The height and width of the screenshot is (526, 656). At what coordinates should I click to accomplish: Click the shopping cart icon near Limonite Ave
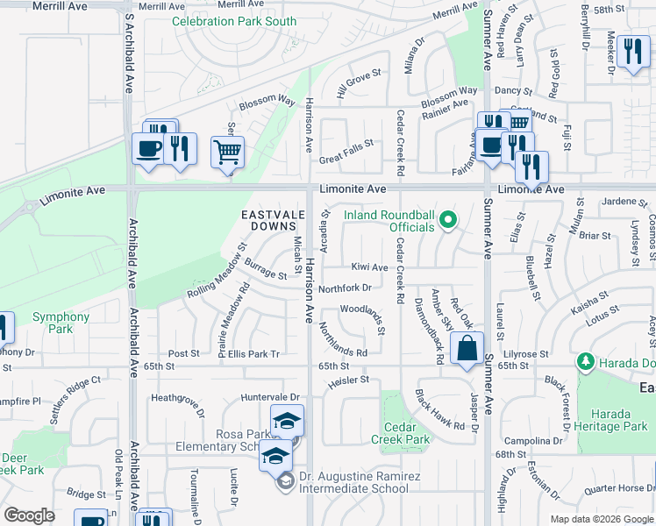[x=228, y=153]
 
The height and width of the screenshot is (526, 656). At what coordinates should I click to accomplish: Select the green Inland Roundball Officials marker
[x=449, y=218]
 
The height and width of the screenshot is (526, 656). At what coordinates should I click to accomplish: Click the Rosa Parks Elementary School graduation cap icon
[x=287, y=423]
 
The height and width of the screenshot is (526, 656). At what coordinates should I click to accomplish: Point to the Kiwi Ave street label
[x=369, y=267]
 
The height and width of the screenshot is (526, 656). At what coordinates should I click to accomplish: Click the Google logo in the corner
[x=29, y=515]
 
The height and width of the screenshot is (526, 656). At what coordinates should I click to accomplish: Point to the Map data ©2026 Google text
[x=602, y=519]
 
